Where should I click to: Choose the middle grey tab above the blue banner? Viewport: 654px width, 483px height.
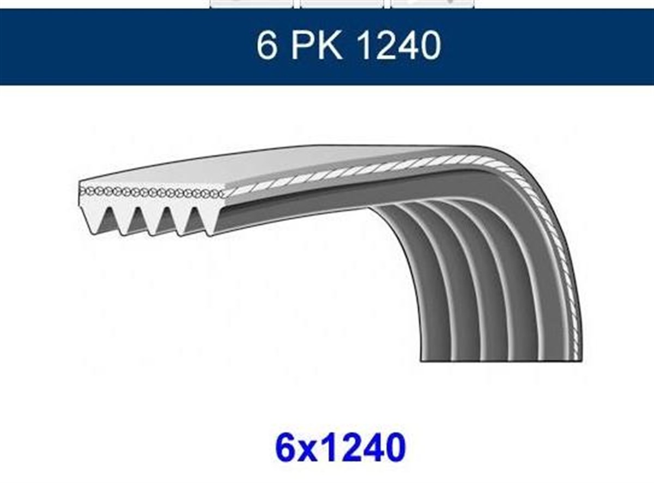coord(342,3)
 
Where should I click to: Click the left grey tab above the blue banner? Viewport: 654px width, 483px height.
coord(251,3)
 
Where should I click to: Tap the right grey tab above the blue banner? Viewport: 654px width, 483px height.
coord(432,3)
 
